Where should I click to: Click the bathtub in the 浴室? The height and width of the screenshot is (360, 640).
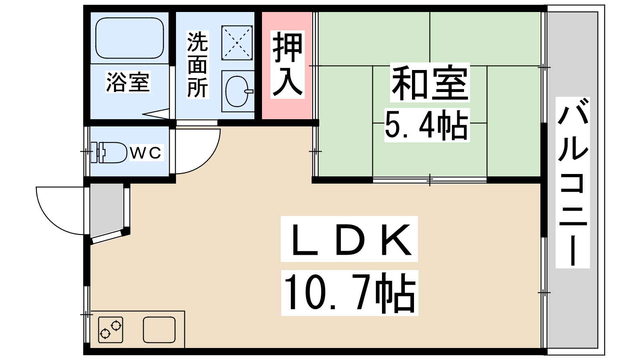pos(130,38)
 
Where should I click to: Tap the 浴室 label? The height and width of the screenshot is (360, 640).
pos(128,82)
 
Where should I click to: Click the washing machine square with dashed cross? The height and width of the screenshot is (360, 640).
pos(237,42)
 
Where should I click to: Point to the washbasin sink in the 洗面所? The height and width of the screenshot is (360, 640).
pos(238,92)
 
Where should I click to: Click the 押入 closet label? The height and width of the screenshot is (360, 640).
pos(287,64)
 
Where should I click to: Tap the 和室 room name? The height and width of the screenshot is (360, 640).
pos(430,83)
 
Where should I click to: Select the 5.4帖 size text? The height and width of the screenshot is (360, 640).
pos(426,125)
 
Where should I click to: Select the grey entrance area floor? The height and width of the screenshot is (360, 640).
pos(106,210)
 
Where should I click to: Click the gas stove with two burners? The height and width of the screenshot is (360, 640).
pos(110,330)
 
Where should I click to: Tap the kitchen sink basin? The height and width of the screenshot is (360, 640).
pos(159,330)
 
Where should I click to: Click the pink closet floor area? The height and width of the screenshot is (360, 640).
pos(287,108)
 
